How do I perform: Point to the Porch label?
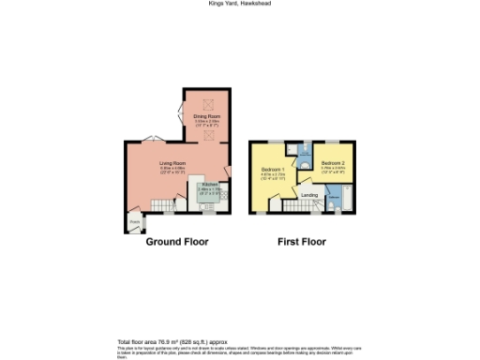pyautogui.click(x=134, y=222)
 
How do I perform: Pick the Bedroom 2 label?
pyautogui.click(x=333, y=160)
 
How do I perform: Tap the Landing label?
pyautogui.click(x=308, y=194)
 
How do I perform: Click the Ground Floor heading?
pyautogui.click(x=176, y=242)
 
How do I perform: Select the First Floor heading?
pyautogui.click(x=301, y=242)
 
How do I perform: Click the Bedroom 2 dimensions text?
pyautogui.click(x=333, y=170)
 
